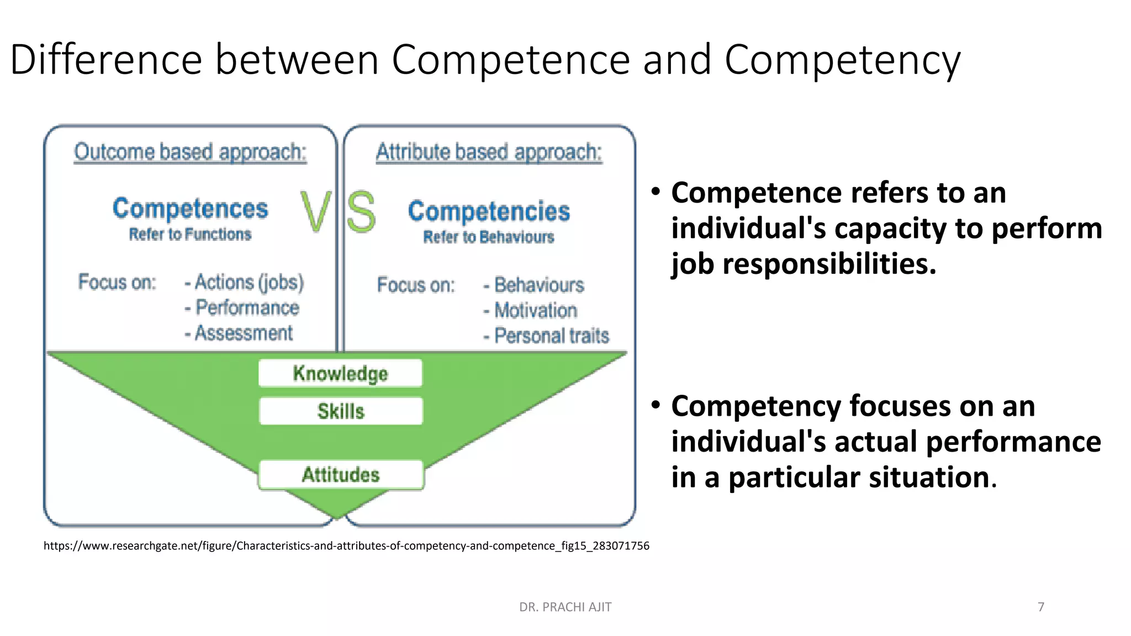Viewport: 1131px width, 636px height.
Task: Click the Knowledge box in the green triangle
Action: (340, 373)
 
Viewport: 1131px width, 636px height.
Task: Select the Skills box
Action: (341, 411)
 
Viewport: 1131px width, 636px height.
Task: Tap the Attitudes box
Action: (341, 475)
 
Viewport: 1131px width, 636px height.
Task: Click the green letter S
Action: (362, 212)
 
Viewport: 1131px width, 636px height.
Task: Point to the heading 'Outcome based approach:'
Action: (190, 152)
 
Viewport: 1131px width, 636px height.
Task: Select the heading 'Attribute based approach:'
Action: (489, 152)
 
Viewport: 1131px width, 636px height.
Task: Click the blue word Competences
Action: (190, 209)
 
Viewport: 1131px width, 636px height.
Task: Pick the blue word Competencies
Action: (489, 211)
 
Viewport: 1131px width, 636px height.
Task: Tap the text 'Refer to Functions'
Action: (190, 235)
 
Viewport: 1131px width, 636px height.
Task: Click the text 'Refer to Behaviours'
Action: (489, 237)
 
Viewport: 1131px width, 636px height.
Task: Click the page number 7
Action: (1041, 607)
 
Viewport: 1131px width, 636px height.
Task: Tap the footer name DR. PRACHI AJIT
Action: (565, 607)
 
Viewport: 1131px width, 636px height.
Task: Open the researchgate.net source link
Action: (346, 546)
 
